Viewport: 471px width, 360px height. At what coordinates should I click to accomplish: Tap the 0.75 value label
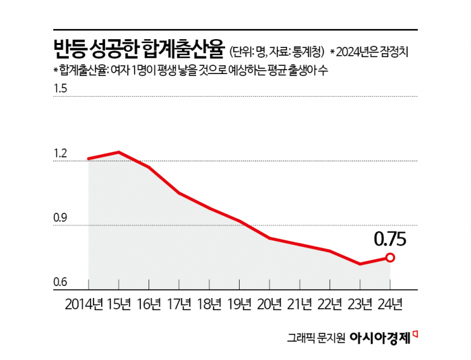click(389, 239)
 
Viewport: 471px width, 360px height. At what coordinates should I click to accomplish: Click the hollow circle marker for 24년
click(390, 258)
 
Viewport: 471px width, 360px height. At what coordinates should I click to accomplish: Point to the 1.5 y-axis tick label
click(61, 88)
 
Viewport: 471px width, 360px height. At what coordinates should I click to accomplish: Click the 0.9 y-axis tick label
click(61, 218)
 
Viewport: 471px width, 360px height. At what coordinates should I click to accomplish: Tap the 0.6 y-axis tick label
click(61, 282)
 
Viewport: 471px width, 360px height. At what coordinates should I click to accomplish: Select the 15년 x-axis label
click(119, 304)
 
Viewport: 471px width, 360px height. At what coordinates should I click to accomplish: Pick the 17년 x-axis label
click(180, 304)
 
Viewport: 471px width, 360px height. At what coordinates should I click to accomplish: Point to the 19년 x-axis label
click(240, 304)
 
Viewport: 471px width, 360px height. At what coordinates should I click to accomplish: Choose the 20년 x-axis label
click(270, 304)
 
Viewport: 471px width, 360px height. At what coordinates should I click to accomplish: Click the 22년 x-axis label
click(330, 304)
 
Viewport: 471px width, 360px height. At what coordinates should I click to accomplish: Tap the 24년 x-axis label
click(390, 304)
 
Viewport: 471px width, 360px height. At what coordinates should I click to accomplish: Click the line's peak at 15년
click(118, 152)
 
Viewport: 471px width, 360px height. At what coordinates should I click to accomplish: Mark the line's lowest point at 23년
click(360, 264)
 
